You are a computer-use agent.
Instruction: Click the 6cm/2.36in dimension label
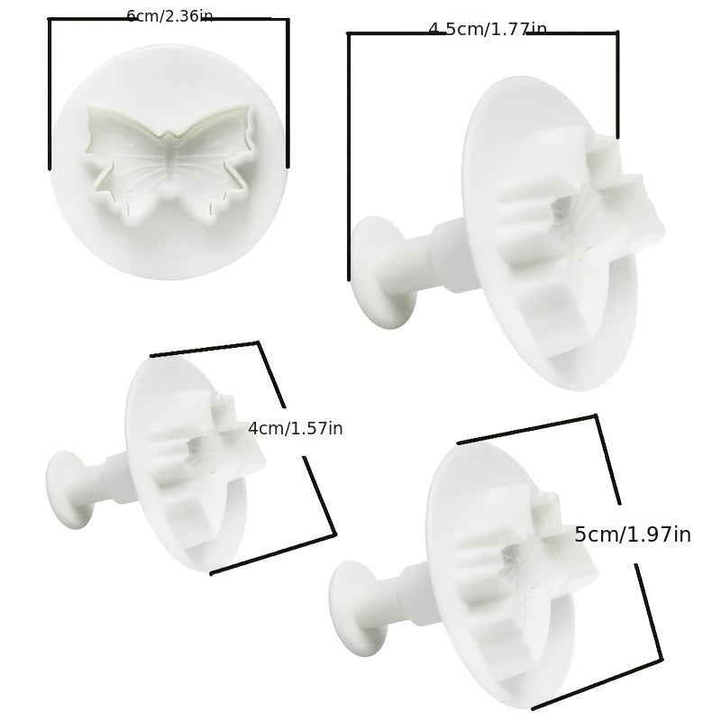click(169, 16)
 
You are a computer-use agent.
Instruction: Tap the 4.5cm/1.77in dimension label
click(488, 29)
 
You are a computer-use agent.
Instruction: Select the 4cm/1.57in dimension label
click(296, 429)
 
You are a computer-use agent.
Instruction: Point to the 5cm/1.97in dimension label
click(633, 534)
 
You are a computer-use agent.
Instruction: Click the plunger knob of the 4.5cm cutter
click(382, 272)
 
